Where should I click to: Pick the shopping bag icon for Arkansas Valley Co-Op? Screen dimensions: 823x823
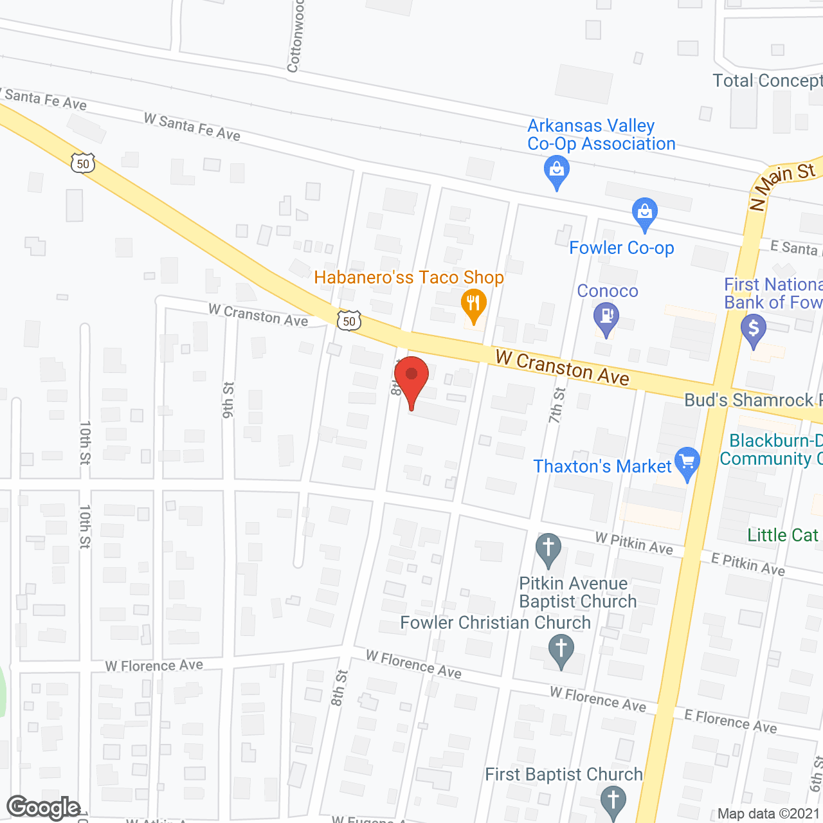click(x=557, y=172)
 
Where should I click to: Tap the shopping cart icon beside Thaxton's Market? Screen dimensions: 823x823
click(x=687, y=462)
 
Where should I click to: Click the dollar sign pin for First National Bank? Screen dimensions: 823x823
click(x=754, y=330)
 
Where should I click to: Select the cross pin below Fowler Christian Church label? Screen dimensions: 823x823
click(x=561, y=649)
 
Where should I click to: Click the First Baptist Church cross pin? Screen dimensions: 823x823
click(x=613, y=801)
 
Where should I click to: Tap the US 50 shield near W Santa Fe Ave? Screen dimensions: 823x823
click(x=83, y=163)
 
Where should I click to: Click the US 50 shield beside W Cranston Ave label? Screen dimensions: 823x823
click(x=349, y=320)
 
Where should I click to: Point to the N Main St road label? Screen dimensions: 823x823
click(x=782, y=186)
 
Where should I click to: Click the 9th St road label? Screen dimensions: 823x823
click(x=228, y=400)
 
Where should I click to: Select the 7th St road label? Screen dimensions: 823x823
click(x=557, y=405)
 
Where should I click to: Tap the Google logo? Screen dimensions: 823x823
click(x=44, y=808)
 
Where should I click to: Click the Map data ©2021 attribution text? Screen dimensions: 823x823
click(x=768, y=814)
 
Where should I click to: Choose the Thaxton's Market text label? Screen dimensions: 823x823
click(x=602, y=466)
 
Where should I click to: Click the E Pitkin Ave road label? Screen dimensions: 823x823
click(x=748, y=564)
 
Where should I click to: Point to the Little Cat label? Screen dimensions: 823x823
click(x=782, y=535)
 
